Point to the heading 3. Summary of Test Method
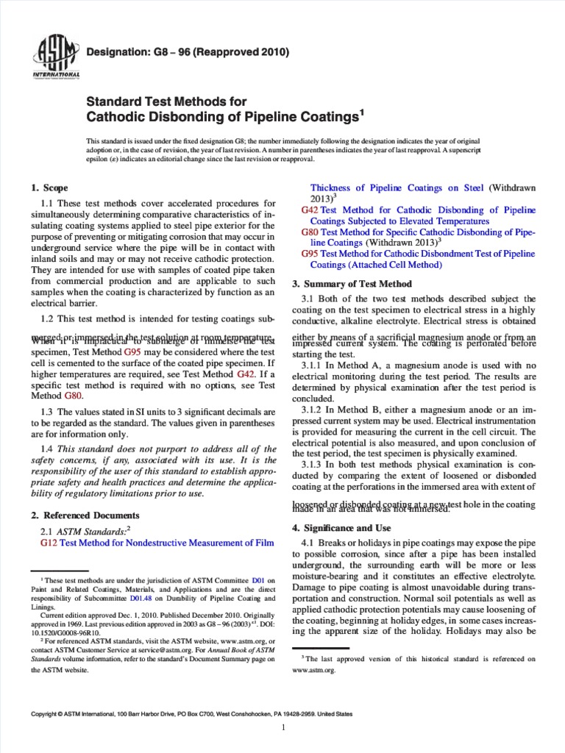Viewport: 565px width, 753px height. coord(352,284)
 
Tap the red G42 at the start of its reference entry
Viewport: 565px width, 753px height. coord(310,210)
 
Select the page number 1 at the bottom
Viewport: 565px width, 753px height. coord(283,727)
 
